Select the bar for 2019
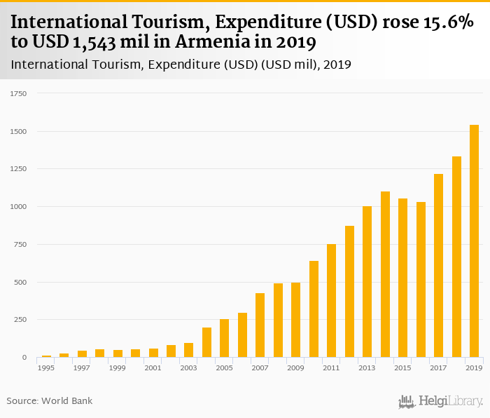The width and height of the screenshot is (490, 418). pyautogui.click(x=474, y=241)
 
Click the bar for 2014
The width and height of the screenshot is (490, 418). pyautogui.click(x=385, y=274)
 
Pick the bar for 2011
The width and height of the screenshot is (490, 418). pyautogui.click(x=331, y=301)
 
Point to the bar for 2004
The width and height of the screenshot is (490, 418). pyautogui.click(x=206, y=342)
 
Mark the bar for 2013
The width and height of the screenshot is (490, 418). pyautogui.click(x=367, y=282)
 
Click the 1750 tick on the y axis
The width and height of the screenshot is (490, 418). pyautogui.click(x=18, y=93)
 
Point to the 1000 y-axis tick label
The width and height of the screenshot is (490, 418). pyautogui.click(x=18, y=207)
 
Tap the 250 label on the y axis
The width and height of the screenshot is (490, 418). pyautogui.click(x=20, y=320)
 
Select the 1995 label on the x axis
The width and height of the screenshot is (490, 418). pyautogui.click(x=46, y=368)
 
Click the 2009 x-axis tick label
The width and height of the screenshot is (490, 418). pyautogui.click(x=295, y=368)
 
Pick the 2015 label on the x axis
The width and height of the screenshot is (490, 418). pyautogui.click(x=402, y=368)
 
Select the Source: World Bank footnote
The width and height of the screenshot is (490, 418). pyautogui.click(x=50, y=400)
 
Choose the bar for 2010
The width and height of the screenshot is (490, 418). pyautogui.click(x=314, y=309)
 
